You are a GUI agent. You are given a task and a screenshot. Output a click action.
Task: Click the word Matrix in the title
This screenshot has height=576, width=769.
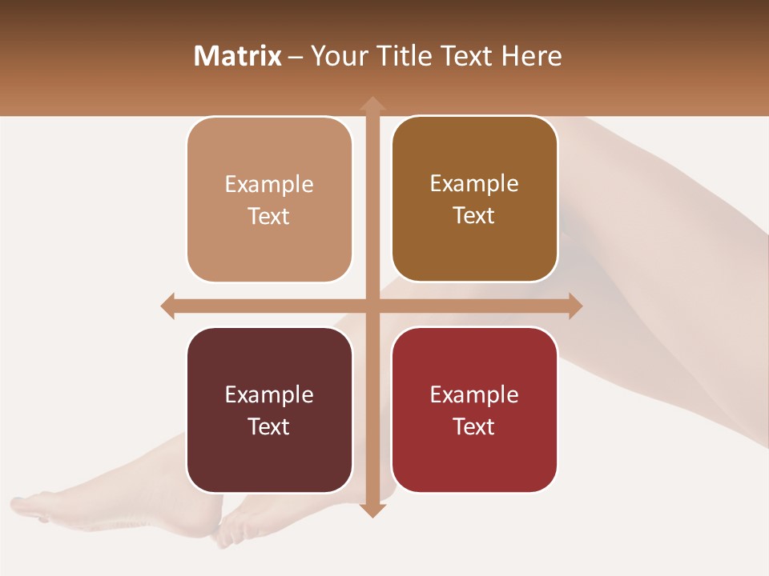[x=237, y=56]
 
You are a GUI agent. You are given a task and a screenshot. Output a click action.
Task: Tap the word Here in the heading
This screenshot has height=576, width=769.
[x=531, y=56]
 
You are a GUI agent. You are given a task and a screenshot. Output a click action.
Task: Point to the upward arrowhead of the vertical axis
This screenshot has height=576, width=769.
[x=372, y=103]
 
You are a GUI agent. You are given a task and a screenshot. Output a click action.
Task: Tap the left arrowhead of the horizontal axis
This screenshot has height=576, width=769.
[x=167, y=306]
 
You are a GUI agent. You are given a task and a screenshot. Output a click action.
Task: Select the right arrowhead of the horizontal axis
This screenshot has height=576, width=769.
[x=575, y=306]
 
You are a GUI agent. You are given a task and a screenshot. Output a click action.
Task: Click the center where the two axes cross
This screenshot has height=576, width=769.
[x=372, y=306]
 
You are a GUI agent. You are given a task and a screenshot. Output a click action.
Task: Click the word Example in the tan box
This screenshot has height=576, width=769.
[x=269, y=184]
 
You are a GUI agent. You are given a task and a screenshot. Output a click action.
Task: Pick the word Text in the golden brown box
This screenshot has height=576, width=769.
[x=474, y=216]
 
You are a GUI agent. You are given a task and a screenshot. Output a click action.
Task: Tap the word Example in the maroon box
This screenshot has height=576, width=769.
[x=269, y=394]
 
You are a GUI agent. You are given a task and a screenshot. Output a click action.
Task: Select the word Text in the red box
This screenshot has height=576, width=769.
[x=474, y=426]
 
